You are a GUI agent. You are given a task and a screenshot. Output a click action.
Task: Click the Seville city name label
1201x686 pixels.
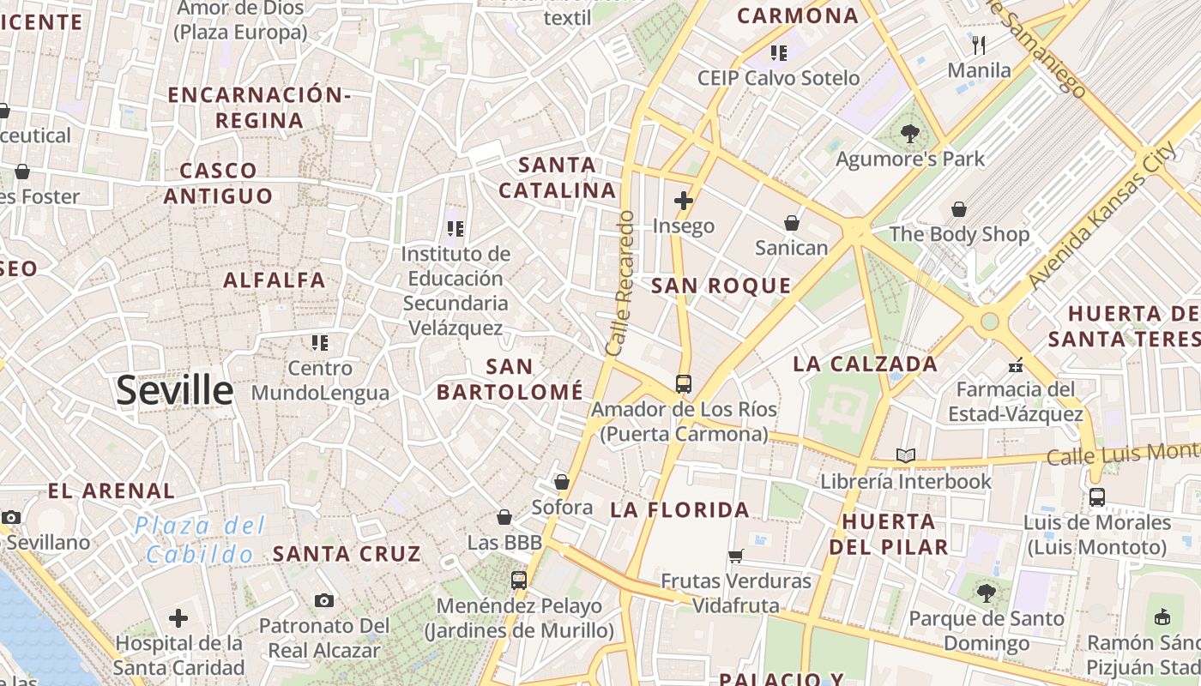(x=174, y=391)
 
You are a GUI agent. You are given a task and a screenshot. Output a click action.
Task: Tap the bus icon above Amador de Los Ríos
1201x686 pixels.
(x=684, y=383)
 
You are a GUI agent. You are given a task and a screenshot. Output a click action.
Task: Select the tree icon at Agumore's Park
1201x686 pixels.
(x=910, y=133)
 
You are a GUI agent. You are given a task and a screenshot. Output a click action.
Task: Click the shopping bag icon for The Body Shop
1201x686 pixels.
(x=959, y=209)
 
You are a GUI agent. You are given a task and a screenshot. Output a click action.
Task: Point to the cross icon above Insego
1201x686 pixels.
(x=684, y=202)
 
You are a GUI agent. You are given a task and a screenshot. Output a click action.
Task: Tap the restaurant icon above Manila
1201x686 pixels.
(x=979, y=45)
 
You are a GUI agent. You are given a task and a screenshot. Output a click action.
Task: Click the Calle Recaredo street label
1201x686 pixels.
(x=619, y=283)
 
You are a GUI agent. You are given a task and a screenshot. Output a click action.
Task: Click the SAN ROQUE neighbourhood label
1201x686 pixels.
(x=721, y=286)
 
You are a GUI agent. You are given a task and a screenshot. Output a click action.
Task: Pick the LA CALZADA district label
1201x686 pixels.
(x=865, y=364)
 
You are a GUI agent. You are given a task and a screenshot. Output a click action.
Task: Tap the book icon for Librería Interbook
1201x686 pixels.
(x=906, y=456)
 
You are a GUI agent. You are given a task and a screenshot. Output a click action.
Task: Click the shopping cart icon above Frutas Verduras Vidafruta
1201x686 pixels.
(x=735, y=557)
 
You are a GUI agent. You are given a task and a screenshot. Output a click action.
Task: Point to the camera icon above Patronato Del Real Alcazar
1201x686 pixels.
(x=323, y=600)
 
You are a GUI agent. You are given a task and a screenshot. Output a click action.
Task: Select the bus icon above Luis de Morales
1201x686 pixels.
(x=1096, y=497)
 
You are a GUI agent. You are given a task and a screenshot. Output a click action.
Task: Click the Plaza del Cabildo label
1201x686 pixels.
(x=200, y=540)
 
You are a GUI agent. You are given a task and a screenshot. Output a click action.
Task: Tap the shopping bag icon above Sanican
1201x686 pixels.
(x=791, y=224)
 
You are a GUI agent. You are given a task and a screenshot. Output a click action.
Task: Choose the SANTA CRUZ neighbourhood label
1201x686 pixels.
(x=347, y=554)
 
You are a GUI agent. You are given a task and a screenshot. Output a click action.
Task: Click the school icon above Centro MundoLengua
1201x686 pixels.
(x=320, y=344)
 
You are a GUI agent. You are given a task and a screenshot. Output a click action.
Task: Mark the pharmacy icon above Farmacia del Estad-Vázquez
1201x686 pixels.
(x=1016, y=365)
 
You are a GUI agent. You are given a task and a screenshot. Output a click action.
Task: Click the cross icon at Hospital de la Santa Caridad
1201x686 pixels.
(x=178, y=617)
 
